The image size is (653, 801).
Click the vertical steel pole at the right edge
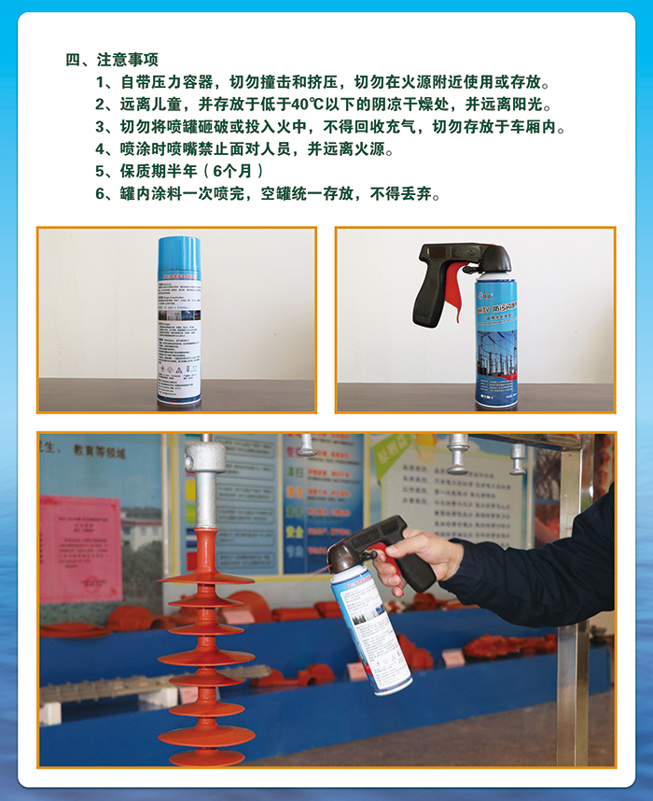(x=570, y=607)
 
